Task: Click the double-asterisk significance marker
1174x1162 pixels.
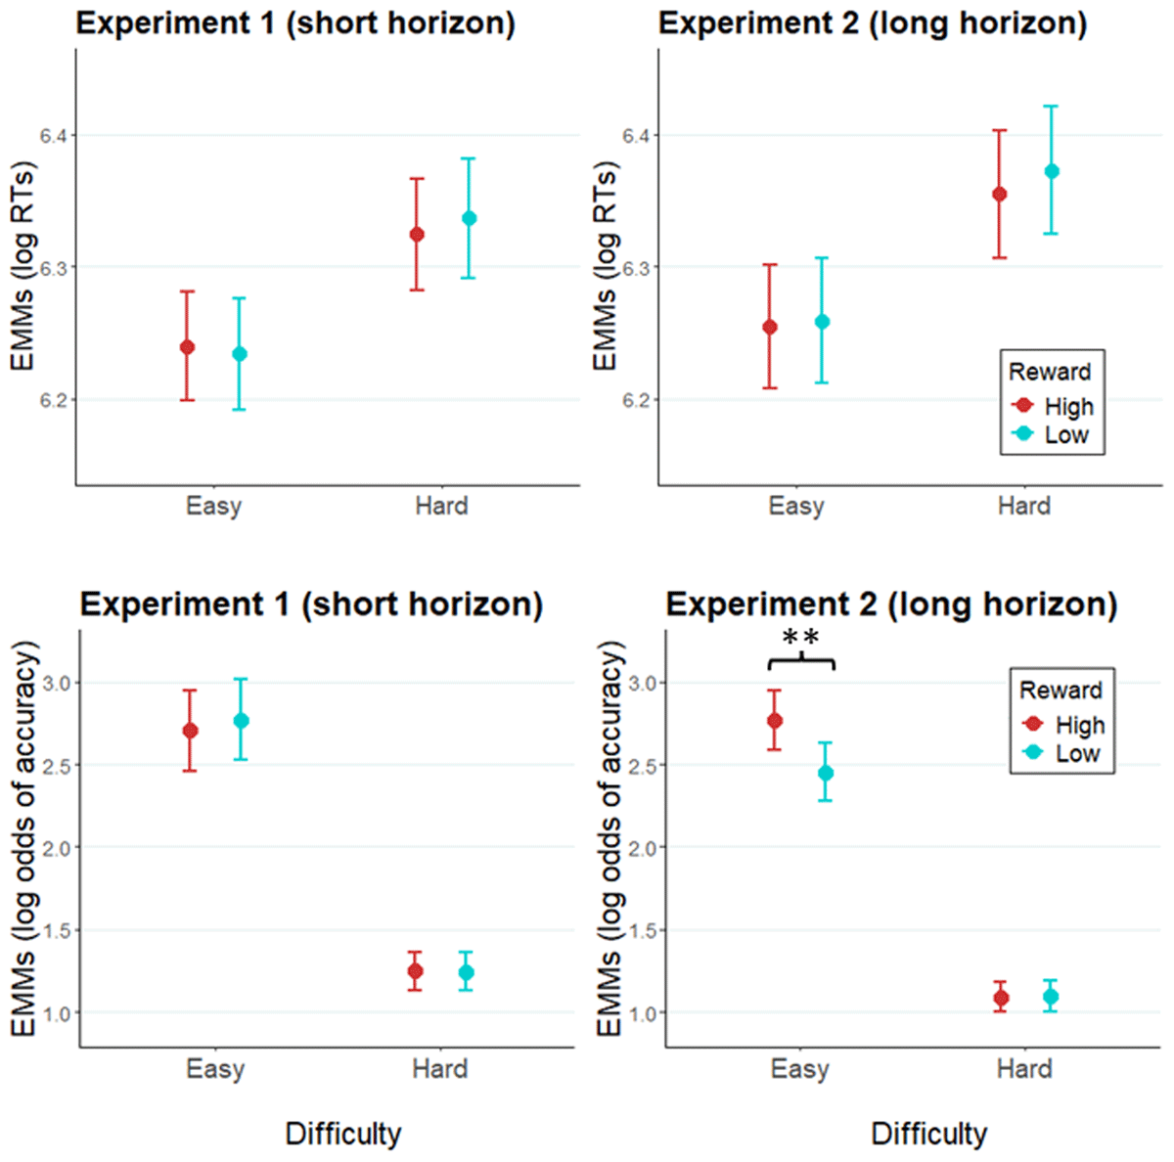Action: tap(801, 639)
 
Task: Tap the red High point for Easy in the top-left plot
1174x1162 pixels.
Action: tap(187, 347)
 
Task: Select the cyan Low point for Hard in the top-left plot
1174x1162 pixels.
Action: tap(469, 218)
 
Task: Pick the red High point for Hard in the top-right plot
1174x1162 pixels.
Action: tap(1000, 194)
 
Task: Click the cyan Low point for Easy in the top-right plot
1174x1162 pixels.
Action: tap(822, 322)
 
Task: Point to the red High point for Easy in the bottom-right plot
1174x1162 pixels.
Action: tap(774, 721)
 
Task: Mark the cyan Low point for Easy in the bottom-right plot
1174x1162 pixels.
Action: tap(826, 773)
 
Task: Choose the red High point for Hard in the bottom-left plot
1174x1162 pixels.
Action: tap(415, 971)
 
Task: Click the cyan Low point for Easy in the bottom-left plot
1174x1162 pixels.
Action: tap(241, 721)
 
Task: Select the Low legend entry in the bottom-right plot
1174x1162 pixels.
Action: tap(1077, 754)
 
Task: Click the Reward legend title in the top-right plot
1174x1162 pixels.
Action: tap(1050, 372)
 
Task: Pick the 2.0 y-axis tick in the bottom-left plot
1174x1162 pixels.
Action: tap(57, 847)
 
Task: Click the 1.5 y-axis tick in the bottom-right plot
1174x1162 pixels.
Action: tap(643, 930)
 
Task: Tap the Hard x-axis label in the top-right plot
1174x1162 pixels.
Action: tap(1023, 506)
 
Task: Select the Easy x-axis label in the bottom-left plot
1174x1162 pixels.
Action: tap(215, 1068)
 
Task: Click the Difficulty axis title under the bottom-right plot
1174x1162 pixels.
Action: tap(928, 1134)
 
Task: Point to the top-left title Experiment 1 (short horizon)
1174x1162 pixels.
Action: tap(295, 23)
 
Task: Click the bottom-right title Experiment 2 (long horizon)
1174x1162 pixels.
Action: tap(891, 604)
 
